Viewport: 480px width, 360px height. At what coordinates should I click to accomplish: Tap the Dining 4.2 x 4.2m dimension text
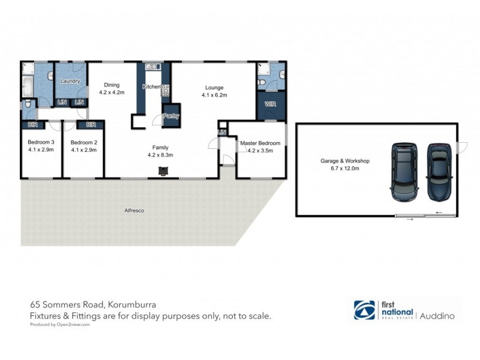(112, 92)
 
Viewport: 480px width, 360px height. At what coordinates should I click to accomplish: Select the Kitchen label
(151, 87)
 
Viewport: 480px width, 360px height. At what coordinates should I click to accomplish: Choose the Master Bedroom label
(260, 143)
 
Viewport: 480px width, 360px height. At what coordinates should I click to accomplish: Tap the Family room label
(160, 147)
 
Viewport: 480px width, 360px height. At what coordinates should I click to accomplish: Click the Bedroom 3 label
(41, 142)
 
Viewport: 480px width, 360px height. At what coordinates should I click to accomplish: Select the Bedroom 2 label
(83, 142)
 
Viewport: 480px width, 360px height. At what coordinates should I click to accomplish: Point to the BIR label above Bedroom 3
(31, 125)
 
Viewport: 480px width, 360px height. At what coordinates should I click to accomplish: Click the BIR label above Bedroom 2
(91, 125)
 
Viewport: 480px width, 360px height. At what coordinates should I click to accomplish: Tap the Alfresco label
(134, 211)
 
